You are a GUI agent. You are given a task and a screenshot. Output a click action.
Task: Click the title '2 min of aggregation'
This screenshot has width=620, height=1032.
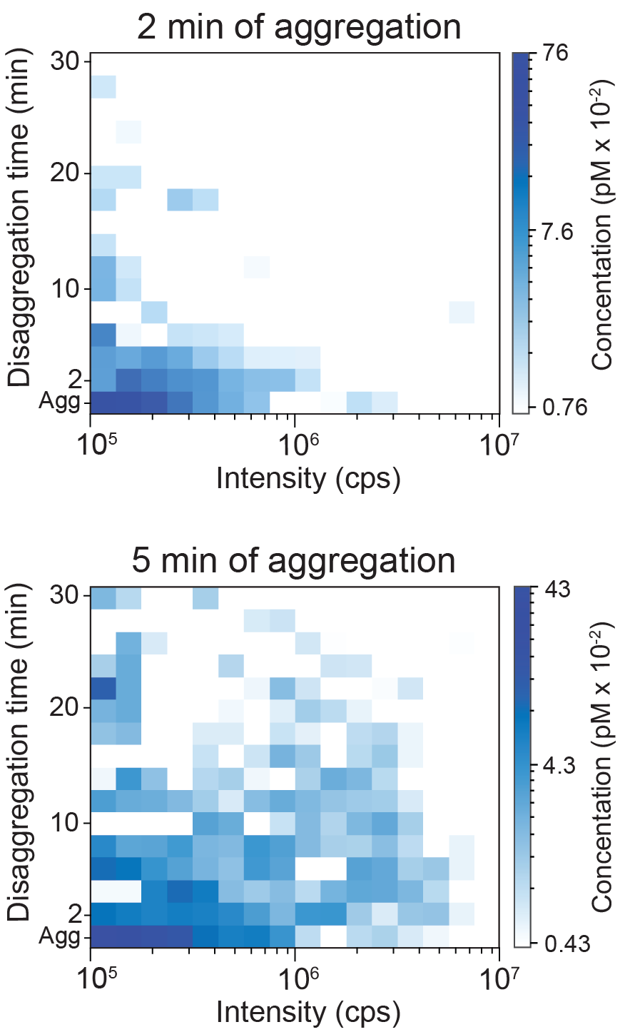click(x=299, y=26)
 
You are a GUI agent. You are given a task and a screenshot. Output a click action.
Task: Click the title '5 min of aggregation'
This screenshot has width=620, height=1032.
click(x=293, y=560)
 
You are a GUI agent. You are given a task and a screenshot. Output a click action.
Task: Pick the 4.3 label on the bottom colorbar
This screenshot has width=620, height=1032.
click(x=557, y=767)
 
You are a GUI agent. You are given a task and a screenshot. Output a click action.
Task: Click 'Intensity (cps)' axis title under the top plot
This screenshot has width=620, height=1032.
click(x=308, y=478)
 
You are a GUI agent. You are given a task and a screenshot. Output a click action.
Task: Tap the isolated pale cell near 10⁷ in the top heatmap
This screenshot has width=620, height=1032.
click(x=462, y=312)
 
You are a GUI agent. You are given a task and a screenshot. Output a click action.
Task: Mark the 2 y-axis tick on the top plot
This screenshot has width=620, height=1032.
click(x=78, y=378)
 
